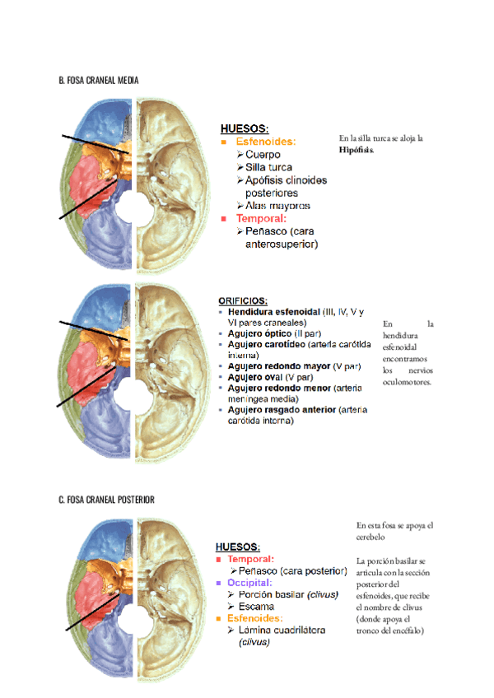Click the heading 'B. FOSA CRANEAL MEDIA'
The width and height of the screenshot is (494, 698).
tap(99, 81)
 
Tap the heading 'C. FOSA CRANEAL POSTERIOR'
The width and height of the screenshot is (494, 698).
tap(106, 500)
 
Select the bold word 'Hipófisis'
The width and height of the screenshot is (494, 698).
tap(356, 151)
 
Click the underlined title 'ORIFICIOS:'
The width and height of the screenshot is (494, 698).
tap(243, 301)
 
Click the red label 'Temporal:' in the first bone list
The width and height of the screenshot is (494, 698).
tap(261, 218)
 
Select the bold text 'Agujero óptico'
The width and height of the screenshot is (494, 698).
tap(259, 334)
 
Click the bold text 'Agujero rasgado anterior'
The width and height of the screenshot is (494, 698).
tap(281, 409)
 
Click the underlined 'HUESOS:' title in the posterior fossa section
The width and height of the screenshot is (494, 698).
tap(238, 546)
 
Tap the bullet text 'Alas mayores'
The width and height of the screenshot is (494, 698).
tap(277, 205)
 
